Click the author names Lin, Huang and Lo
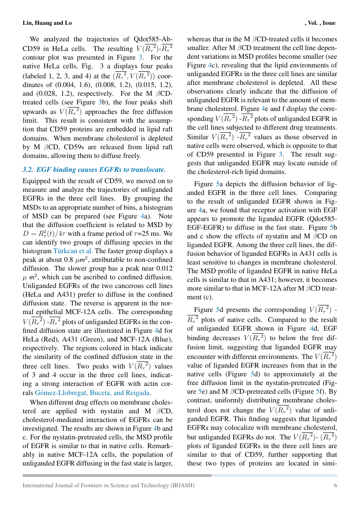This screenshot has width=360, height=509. [47, 23]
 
